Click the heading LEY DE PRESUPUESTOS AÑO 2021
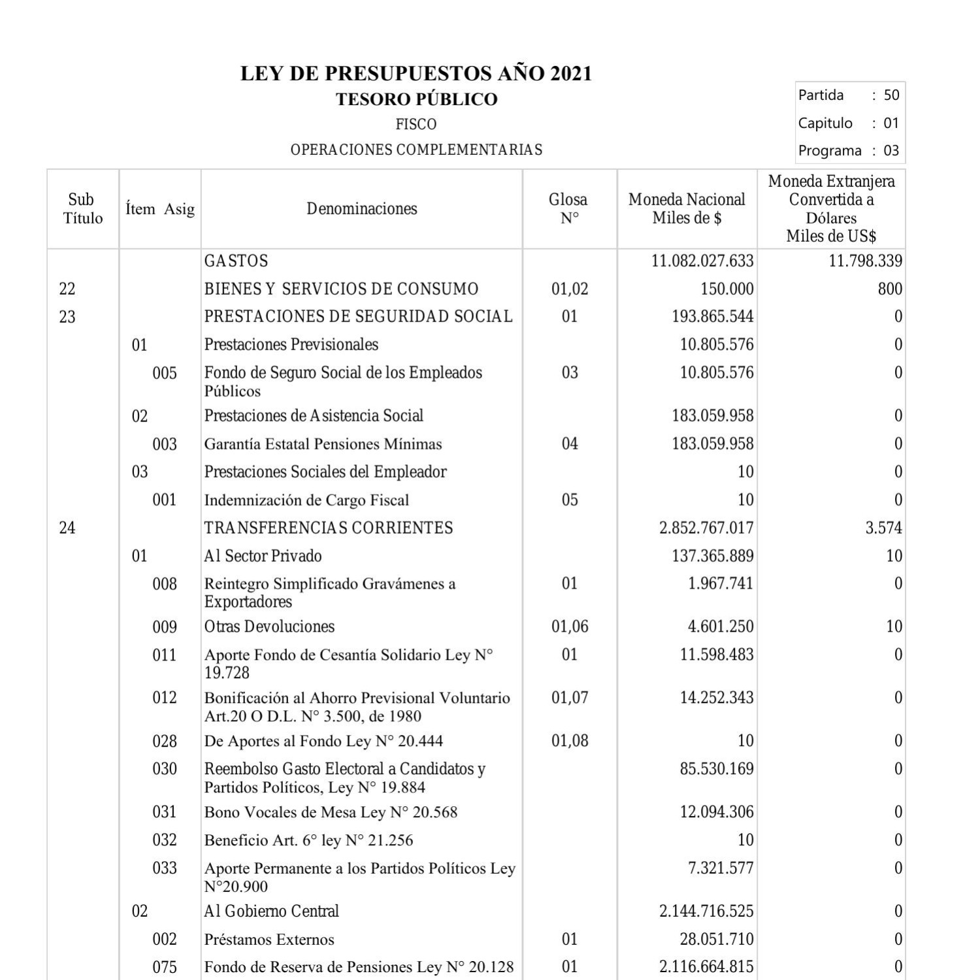point(416,73)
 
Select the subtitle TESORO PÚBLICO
point(416,99)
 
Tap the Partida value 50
point(891,95)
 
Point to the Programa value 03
point(891,151)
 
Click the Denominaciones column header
point(362,209)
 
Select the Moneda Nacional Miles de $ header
point(687,209)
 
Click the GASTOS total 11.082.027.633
point(702,261)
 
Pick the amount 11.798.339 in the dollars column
point(865,261)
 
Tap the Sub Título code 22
point(67,289)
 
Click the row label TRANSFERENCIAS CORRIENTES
point(329,528)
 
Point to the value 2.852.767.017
point(706,528)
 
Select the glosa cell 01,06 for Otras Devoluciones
point(570,627)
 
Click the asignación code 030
point(165,769)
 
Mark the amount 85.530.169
point(717,769)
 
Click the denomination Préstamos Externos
point(269,939)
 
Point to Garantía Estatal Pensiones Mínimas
point(323,444)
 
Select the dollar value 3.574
point(883,528)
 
